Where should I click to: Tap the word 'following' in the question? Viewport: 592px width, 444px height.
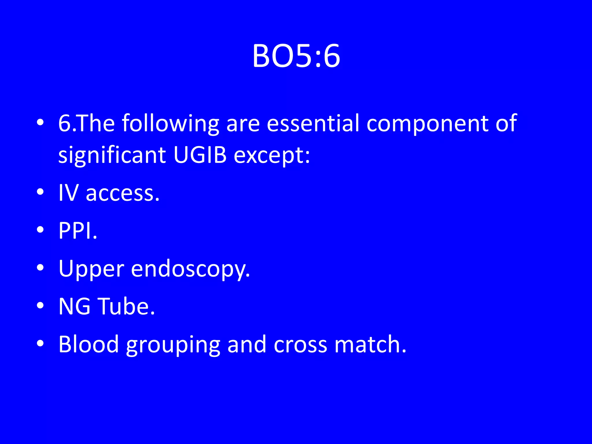click(170, 124)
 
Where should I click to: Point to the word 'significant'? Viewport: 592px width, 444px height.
click(112, 155)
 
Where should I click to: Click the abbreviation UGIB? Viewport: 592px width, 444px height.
click(200, 154)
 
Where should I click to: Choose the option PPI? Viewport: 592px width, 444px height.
click(78, 230)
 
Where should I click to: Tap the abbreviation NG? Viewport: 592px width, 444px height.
click(74, 306)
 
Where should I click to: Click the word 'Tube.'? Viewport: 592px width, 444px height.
click(127, 306)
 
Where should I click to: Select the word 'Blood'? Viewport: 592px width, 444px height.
click(88, 344)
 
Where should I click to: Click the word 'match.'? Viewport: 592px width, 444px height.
click(370, 344)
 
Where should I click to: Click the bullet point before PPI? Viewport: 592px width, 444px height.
click(40, 230)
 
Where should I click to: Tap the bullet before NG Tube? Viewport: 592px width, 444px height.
click(40, 305)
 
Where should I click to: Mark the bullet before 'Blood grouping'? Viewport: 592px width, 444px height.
click(40, 343)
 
